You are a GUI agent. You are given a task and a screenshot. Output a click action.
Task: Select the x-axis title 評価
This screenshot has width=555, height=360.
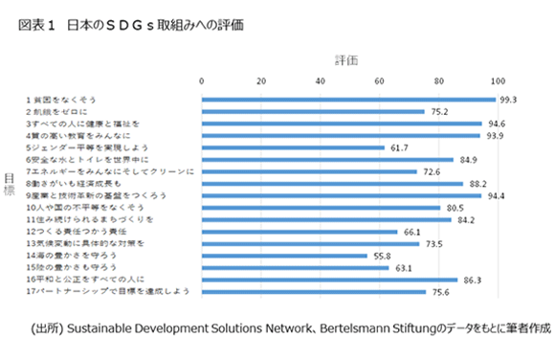coord(345,59)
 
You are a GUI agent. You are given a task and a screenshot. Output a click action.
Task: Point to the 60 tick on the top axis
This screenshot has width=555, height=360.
coord(380,80)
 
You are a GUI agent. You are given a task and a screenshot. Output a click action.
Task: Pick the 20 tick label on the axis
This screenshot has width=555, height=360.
coord(261,80)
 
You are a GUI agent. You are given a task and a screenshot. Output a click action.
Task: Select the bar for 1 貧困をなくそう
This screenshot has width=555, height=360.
coord(348,99)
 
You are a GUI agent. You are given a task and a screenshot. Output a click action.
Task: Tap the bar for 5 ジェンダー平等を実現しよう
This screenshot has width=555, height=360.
coord(293,147)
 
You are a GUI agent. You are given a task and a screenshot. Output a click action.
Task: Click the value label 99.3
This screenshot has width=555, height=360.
coord(509,99)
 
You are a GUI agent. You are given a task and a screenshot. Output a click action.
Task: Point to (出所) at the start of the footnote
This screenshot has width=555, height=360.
coord(47,328)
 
